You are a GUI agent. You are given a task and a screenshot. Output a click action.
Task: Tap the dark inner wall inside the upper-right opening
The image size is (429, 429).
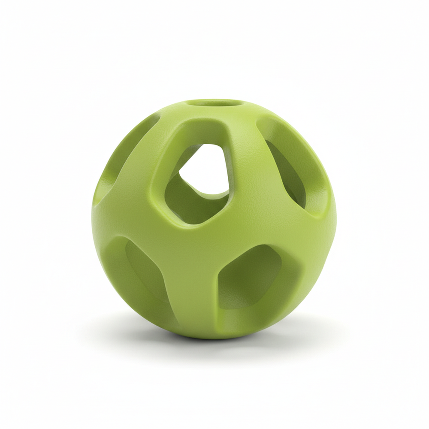click(283, 172)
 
